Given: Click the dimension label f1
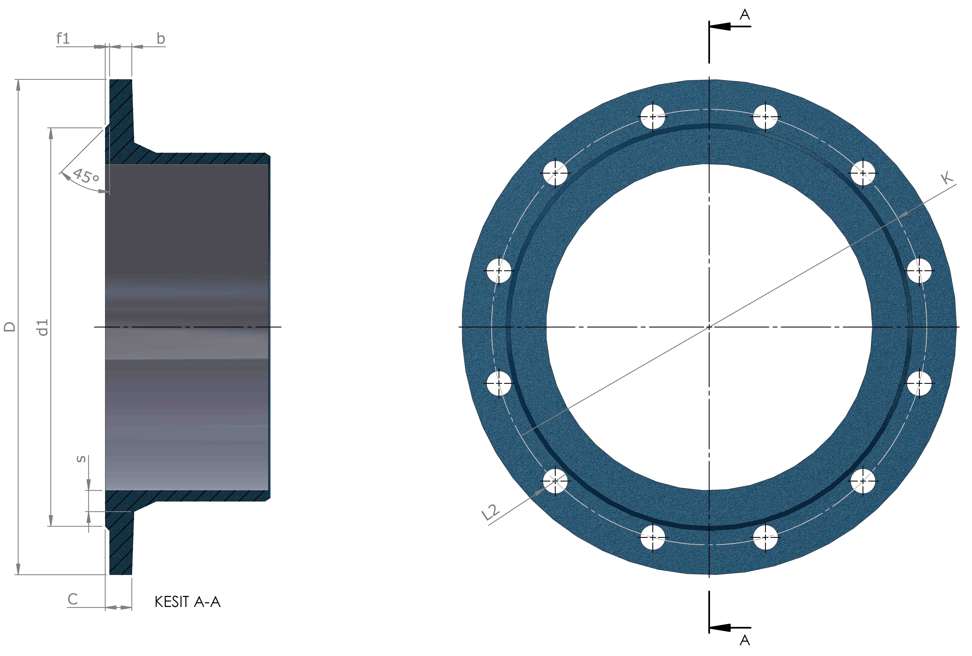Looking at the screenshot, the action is pyautogui.click(x=63, y=38).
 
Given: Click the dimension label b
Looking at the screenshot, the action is pyautogui.click(x=161, y=38).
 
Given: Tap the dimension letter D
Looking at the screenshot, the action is pyautogui.click(x=10, y=327).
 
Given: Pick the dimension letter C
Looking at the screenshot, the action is pyautogui.click(x=73, y=599).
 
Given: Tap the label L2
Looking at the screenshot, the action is pyautogui.click(x=490, y=512).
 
